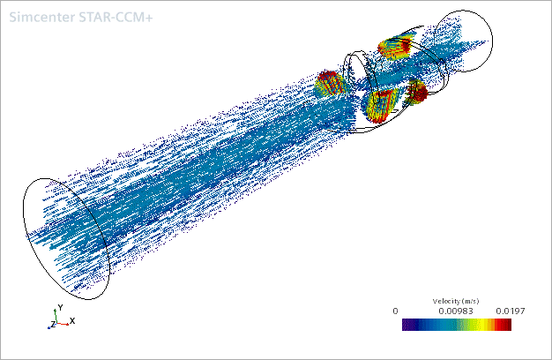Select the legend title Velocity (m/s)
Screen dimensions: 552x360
(456, 301)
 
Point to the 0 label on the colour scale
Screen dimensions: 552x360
(395, 311)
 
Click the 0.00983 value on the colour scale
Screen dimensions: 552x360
(456, 311)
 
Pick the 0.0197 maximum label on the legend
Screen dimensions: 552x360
(511, 311)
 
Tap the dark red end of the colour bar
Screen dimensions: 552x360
(506, 325)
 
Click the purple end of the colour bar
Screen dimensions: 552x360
(407, 325)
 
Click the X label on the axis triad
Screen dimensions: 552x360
(72, 321)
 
